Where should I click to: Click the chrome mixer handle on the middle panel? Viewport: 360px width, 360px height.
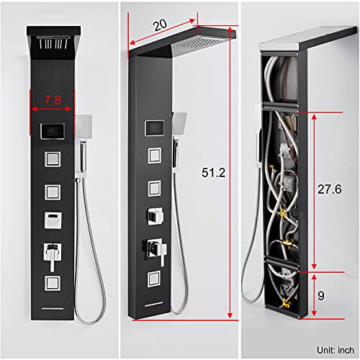[x=161, y=248]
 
